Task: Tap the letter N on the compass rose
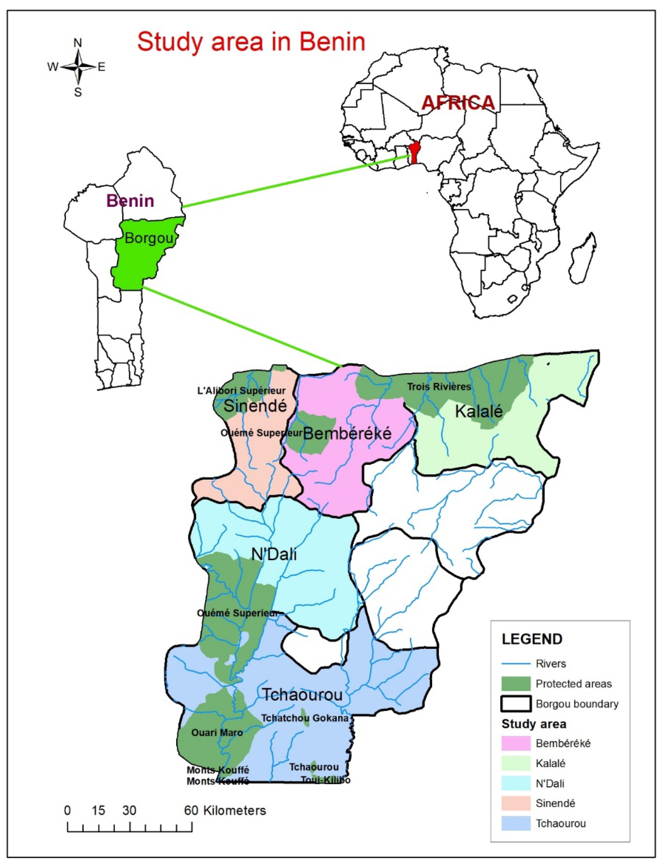[x=78, y=43]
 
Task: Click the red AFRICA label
[x=458, y=103]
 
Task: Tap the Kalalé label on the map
[x=478, y=411]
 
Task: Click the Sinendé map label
[x=255, y=406]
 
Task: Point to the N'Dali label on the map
[x=274, y=555]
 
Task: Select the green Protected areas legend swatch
[x=516, y=684]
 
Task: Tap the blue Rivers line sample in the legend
[x=516, y=663]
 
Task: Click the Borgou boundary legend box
[x=516, y=704]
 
